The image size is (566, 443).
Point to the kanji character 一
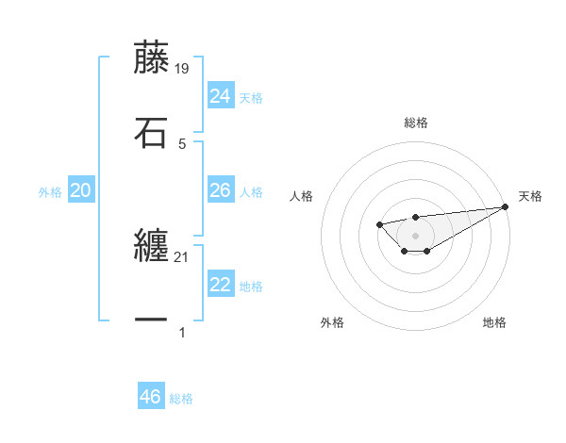(151, 320)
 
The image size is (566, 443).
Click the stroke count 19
(182, 68)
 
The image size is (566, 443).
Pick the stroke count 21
(182, 256)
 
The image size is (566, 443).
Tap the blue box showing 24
(221, 96)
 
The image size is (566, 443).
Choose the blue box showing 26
(221, 190)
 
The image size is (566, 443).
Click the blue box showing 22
(221, 286)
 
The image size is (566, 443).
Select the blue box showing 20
(81, 191)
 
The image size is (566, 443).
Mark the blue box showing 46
(151, 397)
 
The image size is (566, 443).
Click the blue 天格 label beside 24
(251, 98)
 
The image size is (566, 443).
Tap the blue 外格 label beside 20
(50, 192)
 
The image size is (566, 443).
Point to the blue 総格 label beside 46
(181, 399)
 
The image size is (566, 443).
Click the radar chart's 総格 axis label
(416, 123)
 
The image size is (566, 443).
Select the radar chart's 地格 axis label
(494, 323)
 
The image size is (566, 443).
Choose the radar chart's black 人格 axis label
(302, 196)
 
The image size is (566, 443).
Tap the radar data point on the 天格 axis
(506, 206)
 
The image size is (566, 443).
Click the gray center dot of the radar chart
(415, 235)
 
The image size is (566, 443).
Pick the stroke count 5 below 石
(182, 143)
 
